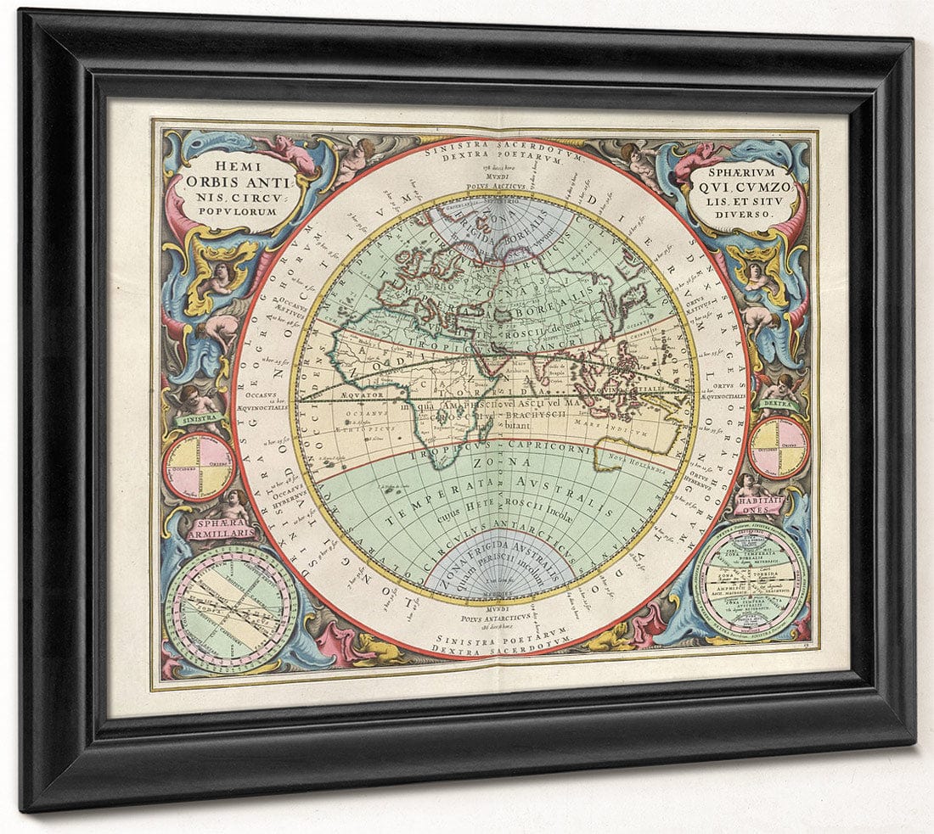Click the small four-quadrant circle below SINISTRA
coord(200,466)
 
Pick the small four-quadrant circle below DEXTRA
coord(778,447)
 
